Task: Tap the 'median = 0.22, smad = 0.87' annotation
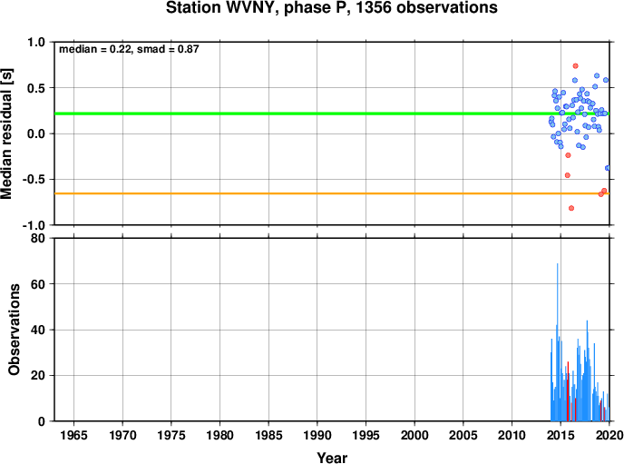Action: [129, 49]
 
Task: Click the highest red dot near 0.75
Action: [575, 66]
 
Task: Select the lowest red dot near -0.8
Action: [571, 208]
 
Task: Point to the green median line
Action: [332, 114]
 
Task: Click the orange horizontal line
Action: [332, 193]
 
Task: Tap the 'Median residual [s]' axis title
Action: [6, 133]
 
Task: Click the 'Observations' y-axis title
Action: [15, 330]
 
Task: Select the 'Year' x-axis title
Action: [332, 458]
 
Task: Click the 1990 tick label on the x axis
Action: [317, 435]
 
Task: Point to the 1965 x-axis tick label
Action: [73, 435]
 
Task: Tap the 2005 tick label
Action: [463, 435]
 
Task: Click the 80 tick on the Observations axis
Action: [39, 239]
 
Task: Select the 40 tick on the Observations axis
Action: [39, 330]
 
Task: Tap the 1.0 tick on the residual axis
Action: [36, 42]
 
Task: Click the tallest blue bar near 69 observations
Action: [557, 342]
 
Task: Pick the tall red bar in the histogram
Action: [568, 391]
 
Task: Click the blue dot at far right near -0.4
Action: [608, 168]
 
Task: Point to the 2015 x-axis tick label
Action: [561, 435]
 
